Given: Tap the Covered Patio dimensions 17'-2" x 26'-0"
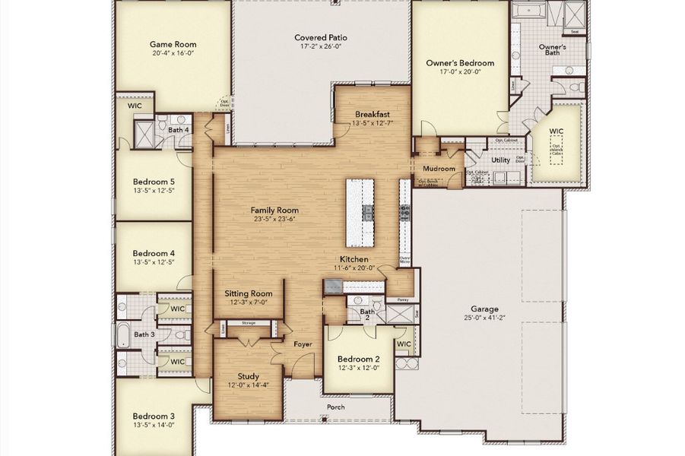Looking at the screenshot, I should pos(322,47).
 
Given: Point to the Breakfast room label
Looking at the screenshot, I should pos(372,114).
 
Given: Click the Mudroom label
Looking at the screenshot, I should pos(439,169).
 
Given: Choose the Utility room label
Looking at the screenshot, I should pos(500,160).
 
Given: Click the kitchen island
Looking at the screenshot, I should pos(361,212).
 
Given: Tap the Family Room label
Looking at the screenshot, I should pos(274,210).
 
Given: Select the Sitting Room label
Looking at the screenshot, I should pos(248,293).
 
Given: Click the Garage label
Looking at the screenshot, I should pos(484,309).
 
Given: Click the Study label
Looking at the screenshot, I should pos(248,376).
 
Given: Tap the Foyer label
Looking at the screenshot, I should pos(303,344).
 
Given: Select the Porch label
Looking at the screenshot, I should pos(335,407).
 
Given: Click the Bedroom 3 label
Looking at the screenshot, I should pos(154,416).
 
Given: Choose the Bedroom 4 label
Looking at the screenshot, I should pos(154,253).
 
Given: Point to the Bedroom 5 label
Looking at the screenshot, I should pos(154,182).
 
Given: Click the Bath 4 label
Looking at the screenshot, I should pos(179,130).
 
